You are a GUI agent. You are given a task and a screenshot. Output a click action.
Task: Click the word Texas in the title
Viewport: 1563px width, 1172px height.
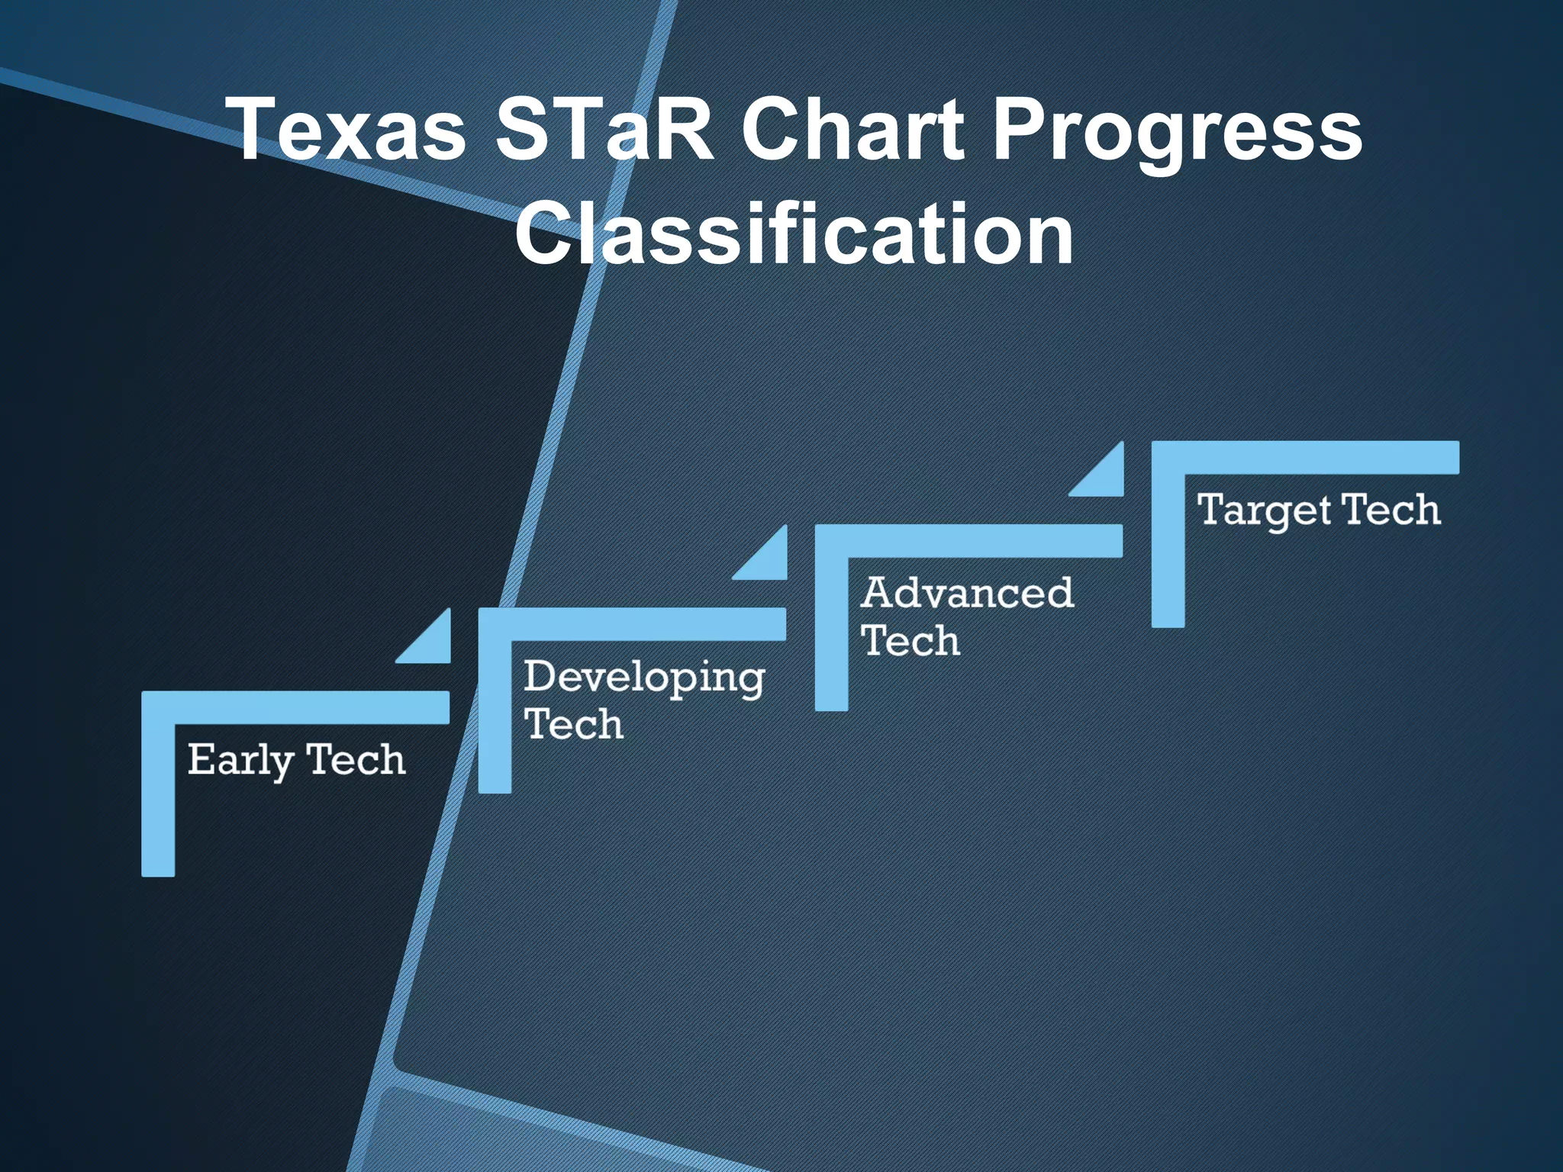[350, 130]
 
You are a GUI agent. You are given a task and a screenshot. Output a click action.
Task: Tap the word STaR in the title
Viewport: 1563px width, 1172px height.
[603, 130]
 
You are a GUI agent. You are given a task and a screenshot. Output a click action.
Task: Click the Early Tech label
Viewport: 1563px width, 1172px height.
[296, 760]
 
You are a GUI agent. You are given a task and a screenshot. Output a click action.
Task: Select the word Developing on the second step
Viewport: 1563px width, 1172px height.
[644, 678]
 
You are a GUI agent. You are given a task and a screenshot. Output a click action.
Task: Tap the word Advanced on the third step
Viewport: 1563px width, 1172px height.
[967, 593]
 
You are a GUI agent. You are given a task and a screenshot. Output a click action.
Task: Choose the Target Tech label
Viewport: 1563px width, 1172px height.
[1319, 510]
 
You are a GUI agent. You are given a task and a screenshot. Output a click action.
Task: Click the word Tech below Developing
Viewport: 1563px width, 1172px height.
[574, 724]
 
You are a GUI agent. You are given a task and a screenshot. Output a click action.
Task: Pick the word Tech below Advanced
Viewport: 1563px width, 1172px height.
[910, 640]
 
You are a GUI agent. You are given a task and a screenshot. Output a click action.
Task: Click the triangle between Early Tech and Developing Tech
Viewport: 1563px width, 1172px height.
[433, 644]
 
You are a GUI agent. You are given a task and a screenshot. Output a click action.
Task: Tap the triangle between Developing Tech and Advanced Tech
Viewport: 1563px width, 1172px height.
[769, 561]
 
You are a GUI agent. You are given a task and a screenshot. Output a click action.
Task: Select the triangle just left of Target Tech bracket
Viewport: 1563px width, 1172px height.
[1106, 477]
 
